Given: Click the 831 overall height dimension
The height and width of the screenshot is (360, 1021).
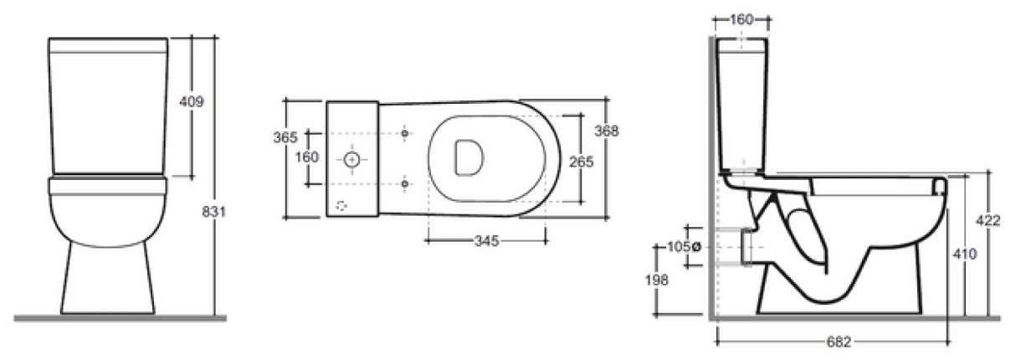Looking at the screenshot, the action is [x=213, y=212].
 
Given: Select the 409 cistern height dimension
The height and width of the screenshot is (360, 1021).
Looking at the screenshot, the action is [x=192, y=101].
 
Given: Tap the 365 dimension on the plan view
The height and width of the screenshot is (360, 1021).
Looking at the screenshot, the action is [x=285, y=136].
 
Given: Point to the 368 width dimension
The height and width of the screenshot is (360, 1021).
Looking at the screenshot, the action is [x=607, y=131].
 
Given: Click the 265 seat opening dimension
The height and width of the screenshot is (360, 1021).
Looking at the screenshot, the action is [x=581, y=162].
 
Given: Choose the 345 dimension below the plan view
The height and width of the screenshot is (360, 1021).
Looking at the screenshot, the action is [x=486, y=240].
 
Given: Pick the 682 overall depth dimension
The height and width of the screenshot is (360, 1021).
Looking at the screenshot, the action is [x=839, y=342].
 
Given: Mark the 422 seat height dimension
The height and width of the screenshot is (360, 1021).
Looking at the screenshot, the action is [x=988, y=220].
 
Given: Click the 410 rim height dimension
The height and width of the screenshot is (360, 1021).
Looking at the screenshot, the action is [x=965, y=254].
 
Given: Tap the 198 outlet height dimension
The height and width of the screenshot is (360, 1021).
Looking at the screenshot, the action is [x=656, y=280].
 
